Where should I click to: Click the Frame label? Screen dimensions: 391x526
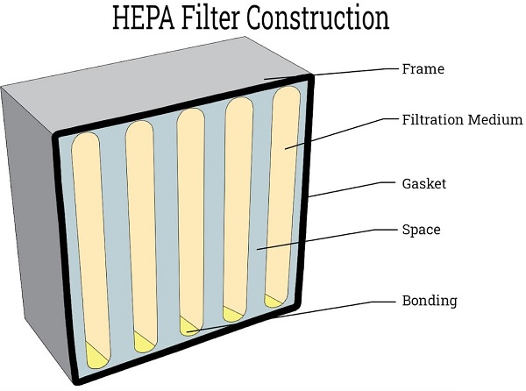tap(424, 68)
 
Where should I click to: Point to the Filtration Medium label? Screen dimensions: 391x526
tap(462, 118)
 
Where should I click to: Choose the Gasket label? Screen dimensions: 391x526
tap(424, 184)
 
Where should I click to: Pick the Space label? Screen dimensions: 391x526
tap(421, 231)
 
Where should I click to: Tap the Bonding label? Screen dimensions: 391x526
tap(429, 301)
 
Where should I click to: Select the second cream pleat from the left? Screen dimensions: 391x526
tap(140, 228)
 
